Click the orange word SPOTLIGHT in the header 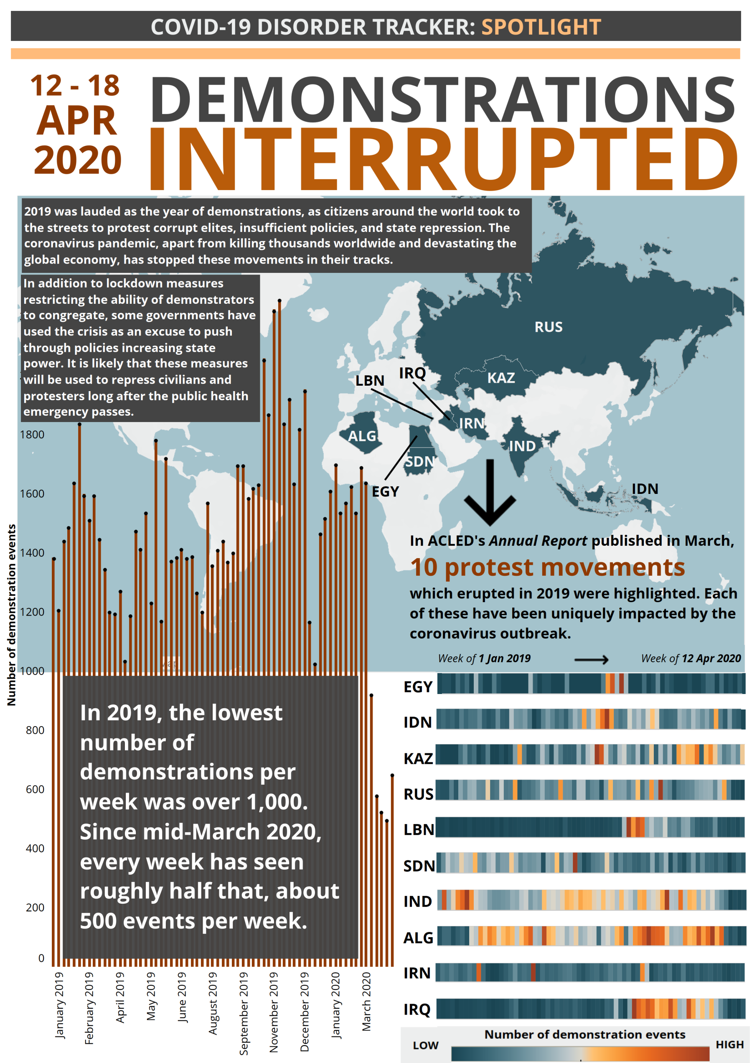(541, 27)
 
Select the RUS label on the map (548, 327)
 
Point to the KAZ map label (500, 378)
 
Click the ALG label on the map (362, 436)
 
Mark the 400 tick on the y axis (35, 848)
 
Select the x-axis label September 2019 (244, 1013)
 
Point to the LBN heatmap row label (418, 829)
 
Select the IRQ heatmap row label (417, 1009)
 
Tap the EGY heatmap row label (418, 687)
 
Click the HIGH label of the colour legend (729, 1045)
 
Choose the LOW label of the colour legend (425, 1045)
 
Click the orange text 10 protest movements (547, 567)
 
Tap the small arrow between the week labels (591, 659)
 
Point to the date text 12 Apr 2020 (711, 658)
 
